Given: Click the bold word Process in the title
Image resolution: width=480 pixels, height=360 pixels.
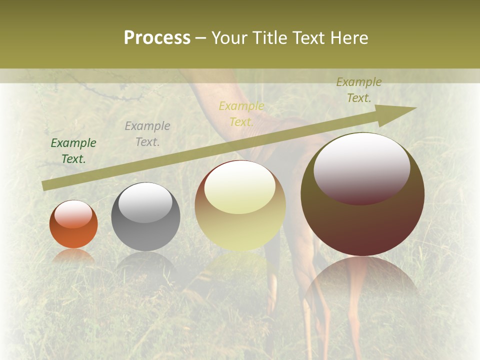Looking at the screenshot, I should pos(157,38).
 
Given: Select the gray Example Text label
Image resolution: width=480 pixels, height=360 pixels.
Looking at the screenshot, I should pos(147,134).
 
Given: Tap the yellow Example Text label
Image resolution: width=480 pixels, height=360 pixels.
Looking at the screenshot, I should pos(241,114).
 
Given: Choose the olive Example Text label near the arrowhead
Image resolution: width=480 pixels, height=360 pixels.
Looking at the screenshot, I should pos(359,90).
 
